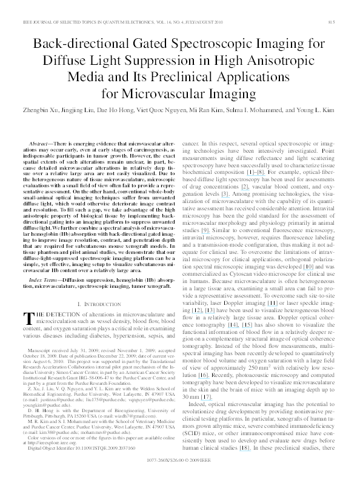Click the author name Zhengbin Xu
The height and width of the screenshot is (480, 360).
(39, 111)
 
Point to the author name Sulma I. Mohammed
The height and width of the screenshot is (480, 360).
(264, 111)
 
